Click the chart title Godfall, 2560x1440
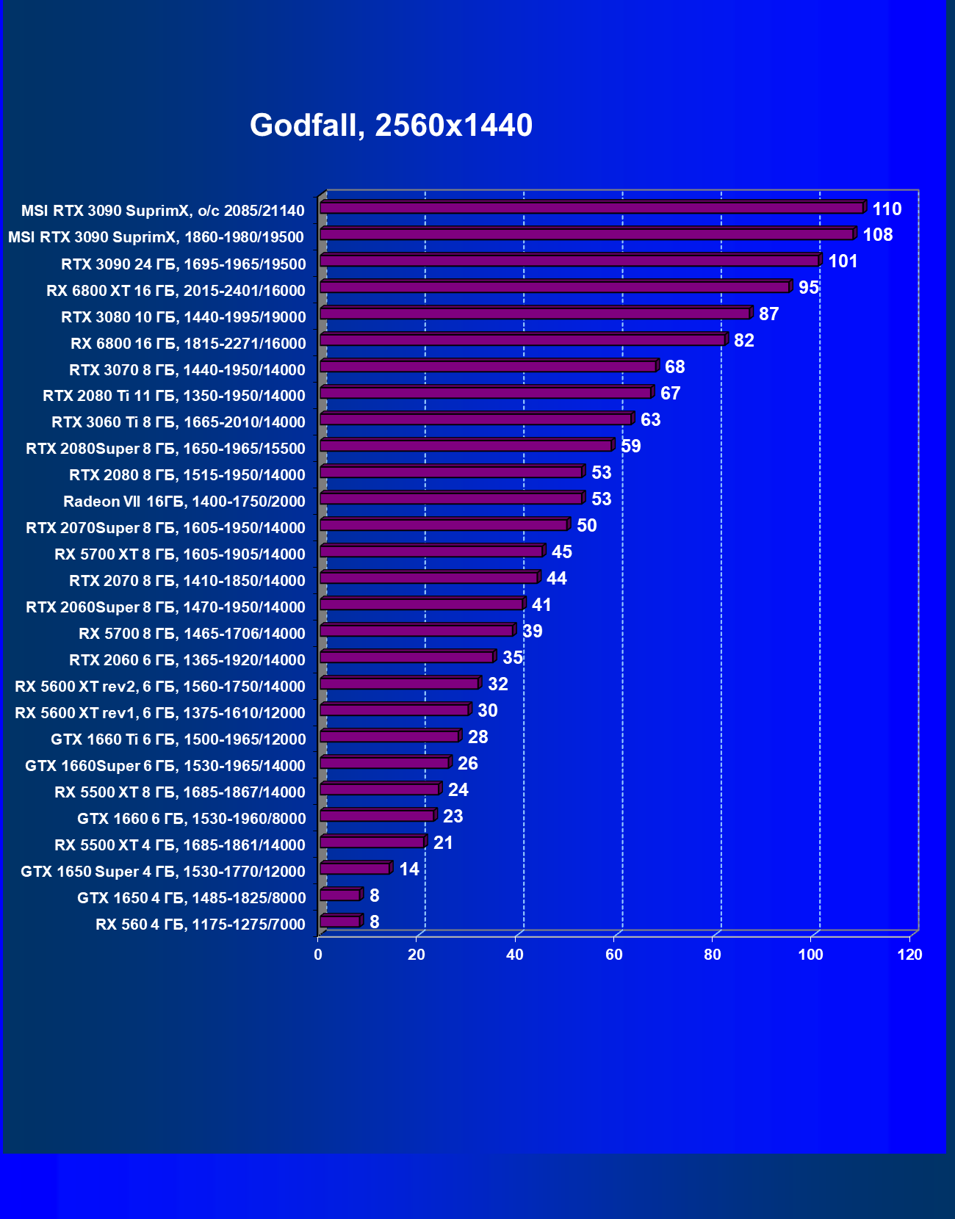(391, 126)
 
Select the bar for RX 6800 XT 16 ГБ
(555, 287)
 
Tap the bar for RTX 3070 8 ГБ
(488, 366)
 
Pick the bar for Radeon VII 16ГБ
(451, 499)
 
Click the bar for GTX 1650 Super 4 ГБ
(355, 869)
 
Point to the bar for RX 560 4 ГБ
(340, 922)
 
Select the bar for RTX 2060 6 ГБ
(406, 657)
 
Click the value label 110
(887, 209)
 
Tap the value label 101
(843, 261)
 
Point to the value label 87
(768, 314)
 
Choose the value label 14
(408, 869)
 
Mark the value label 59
(630, 446)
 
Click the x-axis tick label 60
(613, 955)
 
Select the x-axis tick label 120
(909, 955)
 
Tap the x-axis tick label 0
(318, 955)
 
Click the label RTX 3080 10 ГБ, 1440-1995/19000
(183, 317)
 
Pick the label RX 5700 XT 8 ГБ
(179, 554)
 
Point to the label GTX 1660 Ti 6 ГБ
(178, 739)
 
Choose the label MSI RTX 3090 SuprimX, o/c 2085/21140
(162, 211)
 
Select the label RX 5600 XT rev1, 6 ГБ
(159, 713)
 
